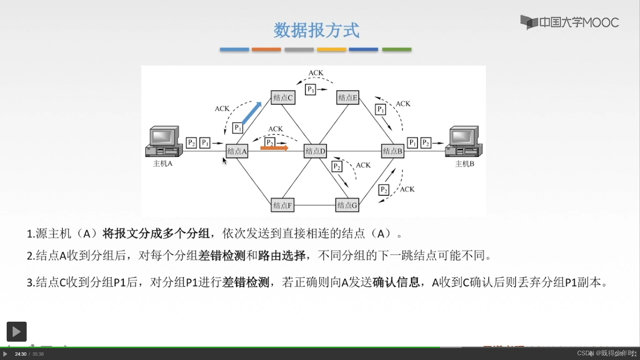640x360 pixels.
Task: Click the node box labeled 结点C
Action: (x=283, y=98)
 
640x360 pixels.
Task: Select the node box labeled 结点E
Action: (x=348, y=98)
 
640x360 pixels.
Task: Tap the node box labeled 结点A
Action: (x=237, y=151)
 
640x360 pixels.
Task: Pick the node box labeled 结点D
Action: (x=315, y=151)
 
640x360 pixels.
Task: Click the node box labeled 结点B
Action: (x=393, y=151)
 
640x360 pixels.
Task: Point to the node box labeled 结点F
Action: (x=282, y=205)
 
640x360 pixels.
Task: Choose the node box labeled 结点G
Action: (x=347, y=205)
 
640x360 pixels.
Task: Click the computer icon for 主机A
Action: (x=164, y=141)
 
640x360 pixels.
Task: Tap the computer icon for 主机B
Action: (x=464, y=141)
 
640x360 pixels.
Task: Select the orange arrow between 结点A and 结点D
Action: (x=274, y=148)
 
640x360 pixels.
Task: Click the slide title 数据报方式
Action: (x=316, y=30)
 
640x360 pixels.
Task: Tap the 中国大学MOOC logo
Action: (x=570, y=22)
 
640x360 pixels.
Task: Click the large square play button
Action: (x=17, y=331)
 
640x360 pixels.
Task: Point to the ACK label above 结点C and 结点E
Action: (x=316, y=73)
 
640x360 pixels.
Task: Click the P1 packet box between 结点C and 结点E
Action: (x=310, y=89)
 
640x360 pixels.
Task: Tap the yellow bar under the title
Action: (x=331, y=49)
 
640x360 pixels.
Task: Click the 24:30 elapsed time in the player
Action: (x=21, y=354)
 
